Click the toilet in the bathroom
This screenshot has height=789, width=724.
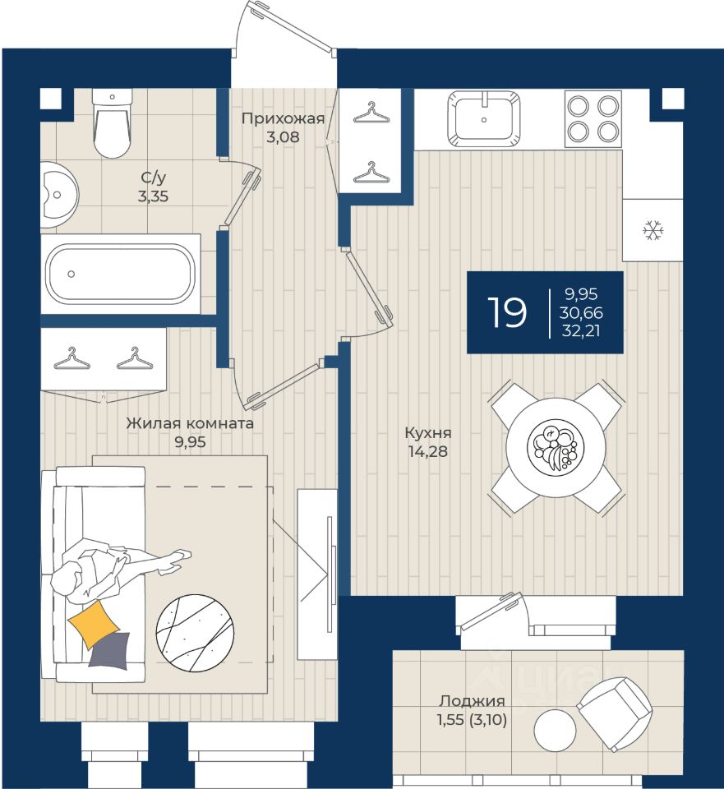(113, 123)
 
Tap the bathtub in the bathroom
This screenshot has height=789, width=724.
(121, 275)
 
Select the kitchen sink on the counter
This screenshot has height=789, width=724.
(484, 118)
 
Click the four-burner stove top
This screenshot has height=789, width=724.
(593, 118)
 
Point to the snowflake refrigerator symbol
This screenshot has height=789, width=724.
(653, 230)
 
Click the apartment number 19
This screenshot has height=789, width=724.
(507, 312)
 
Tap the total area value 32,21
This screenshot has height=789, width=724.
(582, 331)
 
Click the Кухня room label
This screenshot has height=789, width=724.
(428, 432)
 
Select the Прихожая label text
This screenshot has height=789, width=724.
(283, 118)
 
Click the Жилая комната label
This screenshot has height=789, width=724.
(190, 423)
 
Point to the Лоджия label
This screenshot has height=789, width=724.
(472, 701)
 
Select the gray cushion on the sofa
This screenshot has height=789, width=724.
(110, 650)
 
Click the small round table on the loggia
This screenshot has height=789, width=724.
(555, 731)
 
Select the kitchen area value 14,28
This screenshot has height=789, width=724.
(427, 451)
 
